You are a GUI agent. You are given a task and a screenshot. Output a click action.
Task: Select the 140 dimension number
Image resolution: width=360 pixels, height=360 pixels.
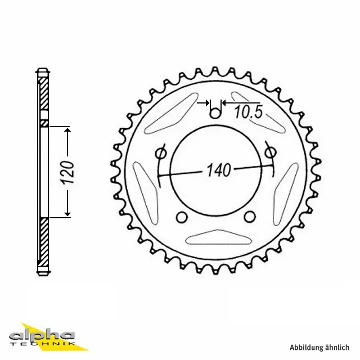coord(219,170)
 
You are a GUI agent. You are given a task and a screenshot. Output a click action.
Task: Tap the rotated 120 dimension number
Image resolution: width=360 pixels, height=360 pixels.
coord(68,172)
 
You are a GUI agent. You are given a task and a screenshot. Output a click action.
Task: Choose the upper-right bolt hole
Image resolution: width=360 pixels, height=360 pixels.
coord(269,152)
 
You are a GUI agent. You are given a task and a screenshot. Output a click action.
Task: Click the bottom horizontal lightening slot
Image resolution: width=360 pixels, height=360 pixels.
coord(216,240)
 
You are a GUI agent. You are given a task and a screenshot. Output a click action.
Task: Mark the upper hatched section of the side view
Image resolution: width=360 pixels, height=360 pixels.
coord(43,96)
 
